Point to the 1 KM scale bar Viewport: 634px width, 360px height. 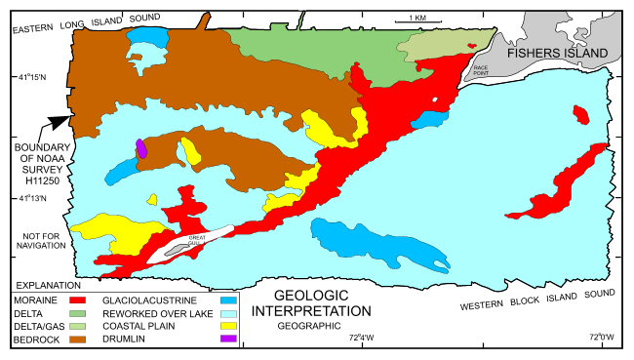(x=415, y=21)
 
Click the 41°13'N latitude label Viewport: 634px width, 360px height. (x=38, y=200)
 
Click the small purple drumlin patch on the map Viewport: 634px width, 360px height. (x=141, y=148)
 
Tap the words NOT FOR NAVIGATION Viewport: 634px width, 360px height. (x=40, y=240)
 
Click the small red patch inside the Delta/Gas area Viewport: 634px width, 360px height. (x=472, y=46)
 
